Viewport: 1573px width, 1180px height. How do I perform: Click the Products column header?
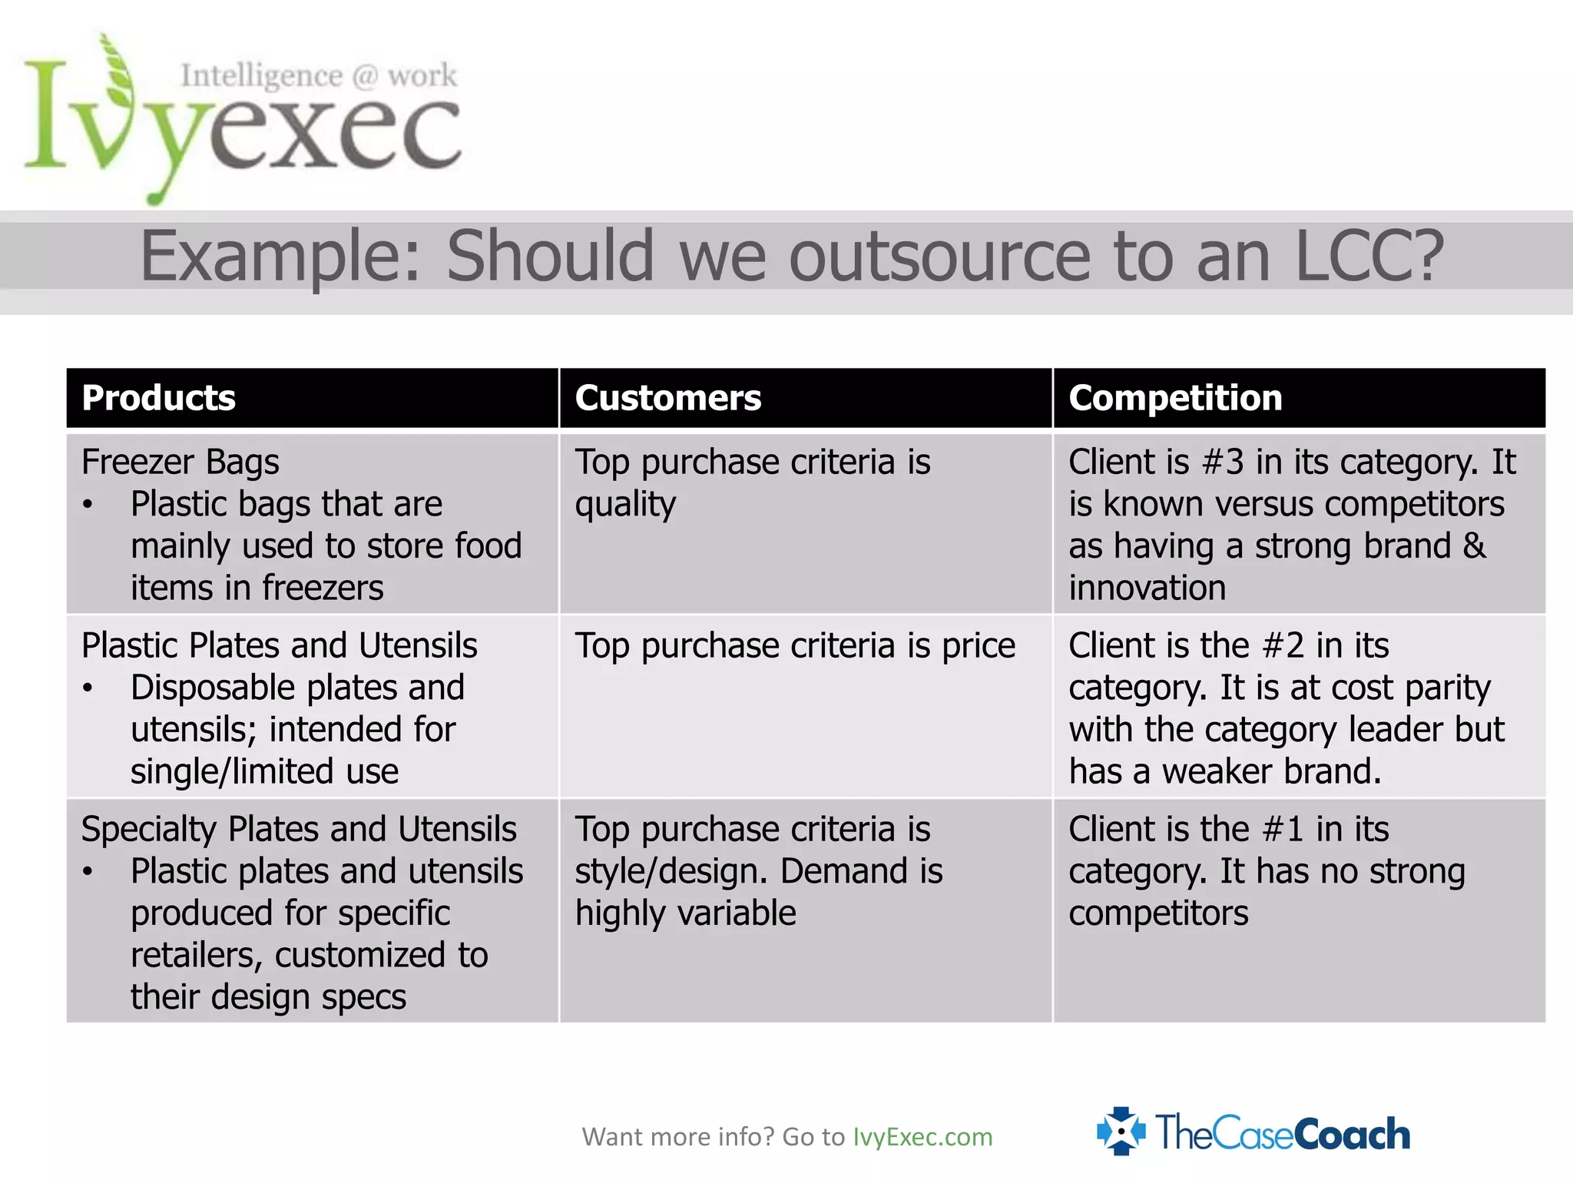click(158, 398)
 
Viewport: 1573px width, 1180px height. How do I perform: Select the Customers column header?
click(667, 398)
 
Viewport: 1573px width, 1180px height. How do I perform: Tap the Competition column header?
click(1175, 398)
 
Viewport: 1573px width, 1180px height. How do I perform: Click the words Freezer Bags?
click(180, 462)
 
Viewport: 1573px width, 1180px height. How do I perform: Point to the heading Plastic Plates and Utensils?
click(280, 645)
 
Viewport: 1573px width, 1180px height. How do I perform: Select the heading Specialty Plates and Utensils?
click(299, 829)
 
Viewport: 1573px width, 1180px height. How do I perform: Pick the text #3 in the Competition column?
click(1222, 462)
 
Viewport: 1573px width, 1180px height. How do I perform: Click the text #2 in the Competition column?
click(1283, 645)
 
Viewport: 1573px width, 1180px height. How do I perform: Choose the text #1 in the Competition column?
click(1283, 829)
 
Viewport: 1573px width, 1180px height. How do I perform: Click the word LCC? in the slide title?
click(1369, 256)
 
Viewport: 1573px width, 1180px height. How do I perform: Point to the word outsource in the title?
click(939, 256)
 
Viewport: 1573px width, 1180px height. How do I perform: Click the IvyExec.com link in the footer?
click(922, 1137)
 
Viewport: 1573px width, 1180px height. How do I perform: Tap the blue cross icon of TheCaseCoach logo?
click(1121, 1131)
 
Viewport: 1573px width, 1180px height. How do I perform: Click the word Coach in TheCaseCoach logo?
click(1352, 1134)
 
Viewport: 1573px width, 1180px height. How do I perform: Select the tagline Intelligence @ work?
click(319, 76)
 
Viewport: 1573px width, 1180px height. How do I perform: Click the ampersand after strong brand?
click(1474, 546)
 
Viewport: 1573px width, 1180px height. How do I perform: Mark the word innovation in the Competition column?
click(1147, 588)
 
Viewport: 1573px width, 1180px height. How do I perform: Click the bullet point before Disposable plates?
click(88, 688)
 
